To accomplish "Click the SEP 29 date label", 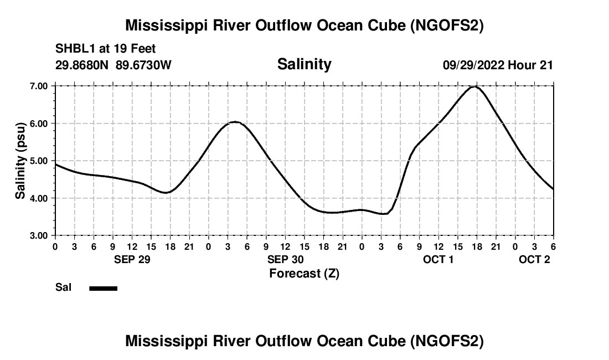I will pyautogui.click(x=132, y=259).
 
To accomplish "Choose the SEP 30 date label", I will pyautogui.click(x=285, y=259).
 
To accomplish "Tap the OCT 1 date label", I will pyautogui.click(x=438, y=259).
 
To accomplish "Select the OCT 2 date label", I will pyautogui.click(x=534, y=259).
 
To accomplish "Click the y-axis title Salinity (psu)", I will pyautogui.click(x=20, y=161).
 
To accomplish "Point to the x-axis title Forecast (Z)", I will pyautogui.click(x=304, y=273).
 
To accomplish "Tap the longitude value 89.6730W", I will pyautogui.click(x=144, y=65).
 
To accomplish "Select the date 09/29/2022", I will pyautogui.click(x=473, y=65).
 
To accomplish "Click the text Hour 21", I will pyautogui.click(x=531, y=65).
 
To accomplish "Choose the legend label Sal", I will pyautogui.click(x=63, y=287).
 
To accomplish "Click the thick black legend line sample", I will pyautogui.click(x=103, y=288).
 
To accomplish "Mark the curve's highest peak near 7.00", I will pyautogui.click(x=474, y=86).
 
